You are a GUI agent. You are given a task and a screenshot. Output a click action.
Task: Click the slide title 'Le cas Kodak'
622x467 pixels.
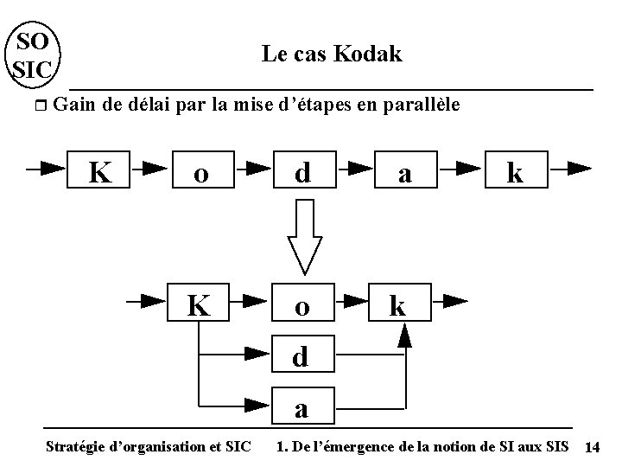click(x=332, y=54)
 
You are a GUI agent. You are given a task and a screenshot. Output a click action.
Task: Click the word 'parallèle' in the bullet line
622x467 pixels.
click(x=420, y=106)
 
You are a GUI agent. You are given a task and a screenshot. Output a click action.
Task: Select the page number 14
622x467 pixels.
click(x=593, y=447)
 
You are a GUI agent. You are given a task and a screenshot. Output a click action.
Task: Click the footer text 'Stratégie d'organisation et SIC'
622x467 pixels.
click(x=148, y=446)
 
